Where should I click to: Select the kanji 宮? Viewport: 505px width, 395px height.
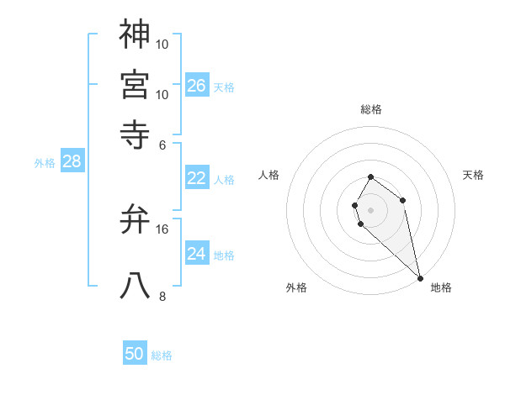(135, 84)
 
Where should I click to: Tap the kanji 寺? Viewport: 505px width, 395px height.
(135, 131)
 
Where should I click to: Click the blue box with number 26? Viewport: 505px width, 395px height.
(197, 86)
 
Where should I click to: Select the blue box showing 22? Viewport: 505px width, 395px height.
(197, 178)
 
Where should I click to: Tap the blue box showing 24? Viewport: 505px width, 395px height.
(197, 254)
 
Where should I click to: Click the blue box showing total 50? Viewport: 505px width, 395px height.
(135, 354)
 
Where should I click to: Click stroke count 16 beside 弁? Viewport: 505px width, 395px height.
(162, 229)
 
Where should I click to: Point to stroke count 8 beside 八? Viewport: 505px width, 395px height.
(162, 296)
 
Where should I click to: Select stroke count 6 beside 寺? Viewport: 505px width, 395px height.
(162, 144)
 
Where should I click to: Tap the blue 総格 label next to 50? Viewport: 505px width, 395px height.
(162, 355)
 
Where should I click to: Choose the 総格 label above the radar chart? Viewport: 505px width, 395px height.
(371, 109)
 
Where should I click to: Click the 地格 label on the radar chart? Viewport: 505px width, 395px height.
(441, 287)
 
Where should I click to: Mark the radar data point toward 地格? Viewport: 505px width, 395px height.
(420, 278)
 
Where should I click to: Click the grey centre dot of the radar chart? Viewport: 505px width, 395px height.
(371, 209)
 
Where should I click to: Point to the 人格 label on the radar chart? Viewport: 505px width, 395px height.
(269, 175)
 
